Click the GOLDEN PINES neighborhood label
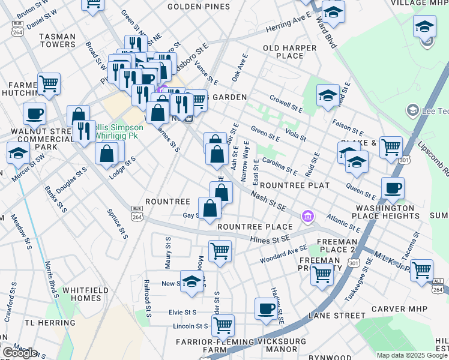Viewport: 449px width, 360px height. (198, 7)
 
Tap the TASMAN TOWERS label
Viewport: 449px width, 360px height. (57, 41)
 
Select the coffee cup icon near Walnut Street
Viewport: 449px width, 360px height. (35, 113)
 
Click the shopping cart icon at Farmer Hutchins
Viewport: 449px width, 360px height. (49, 83)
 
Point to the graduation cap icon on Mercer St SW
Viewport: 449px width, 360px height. (18, 153)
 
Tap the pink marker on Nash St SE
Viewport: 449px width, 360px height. (308, 216)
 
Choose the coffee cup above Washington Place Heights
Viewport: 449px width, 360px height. (393, 188)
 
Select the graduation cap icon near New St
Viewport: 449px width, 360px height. (191, 281)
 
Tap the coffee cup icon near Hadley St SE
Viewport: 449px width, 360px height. (266, 309)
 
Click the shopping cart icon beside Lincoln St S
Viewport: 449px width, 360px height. (223, 326)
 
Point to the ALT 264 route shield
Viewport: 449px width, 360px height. (439, 285)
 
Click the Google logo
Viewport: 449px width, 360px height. (20, 353)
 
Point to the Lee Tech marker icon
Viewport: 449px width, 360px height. (412, 110)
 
